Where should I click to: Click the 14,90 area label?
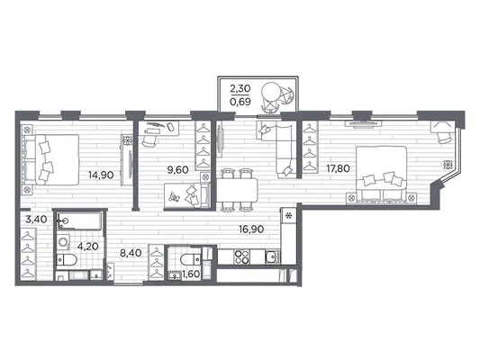[101, 175]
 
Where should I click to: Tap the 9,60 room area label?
[177, 170]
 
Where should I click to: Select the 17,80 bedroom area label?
[338, 168]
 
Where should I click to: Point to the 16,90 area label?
[251, 229]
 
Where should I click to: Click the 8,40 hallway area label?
[131, 253]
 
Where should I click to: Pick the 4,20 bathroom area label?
[88, 247]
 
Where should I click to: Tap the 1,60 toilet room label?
[191, 274]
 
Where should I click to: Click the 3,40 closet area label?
[36, 220]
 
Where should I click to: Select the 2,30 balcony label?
[240, 89]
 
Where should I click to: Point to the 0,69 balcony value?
[240, 102]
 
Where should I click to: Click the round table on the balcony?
[271, 92]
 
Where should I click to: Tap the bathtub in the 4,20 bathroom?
[78, 220]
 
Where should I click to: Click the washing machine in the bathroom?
[63, 242]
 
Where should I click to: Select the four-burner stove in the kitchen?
[241, 256]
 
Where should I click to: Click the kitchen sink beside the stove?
[273, 256]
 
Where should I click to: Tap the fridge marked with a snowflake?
[288, 216]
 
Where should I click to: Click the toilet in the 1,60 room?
[191, 260]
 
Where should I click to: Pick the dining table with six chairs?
[237, 190]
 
